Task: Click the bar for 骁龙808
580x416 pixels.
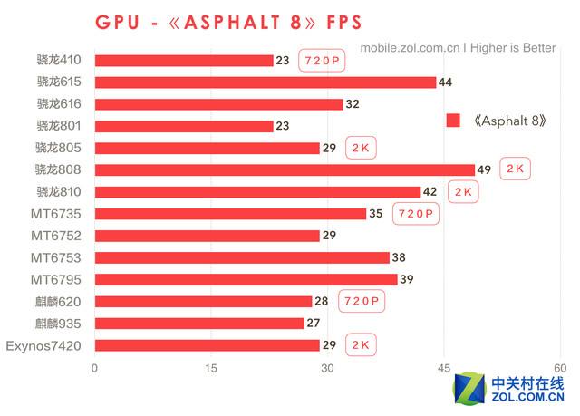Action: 285,169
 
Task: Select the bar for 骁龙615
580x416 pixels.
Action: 265,82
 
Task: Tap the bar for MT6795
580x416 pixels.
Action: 246,279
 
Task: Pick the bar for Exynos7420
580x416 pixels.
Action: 207,345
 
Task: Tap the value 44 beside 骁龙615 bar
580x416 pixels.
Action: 445,82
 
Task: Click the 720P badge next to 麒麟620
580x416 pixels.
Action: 362,301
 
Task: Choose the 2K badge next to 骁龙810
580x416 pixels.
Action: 463,191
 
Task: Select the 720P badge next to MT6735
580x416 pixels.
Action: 416,214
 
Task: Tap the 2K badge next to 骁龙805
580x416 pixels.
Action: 362,148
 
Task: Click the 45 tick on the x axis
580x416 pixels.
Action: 444,368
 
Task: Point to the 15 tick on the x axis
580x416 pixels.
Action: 211,368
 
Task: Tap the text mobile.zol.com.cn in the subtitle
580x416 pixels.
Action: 405,48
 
